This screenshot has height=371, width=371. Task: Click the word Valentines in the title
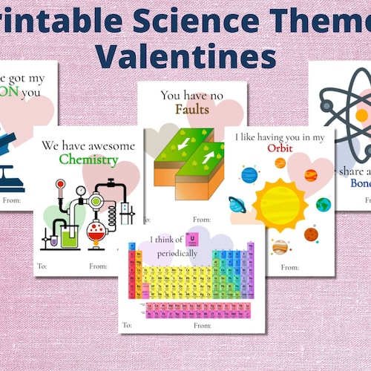[x=185, y=55]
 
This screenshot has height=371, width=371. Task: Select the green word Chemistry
[x=90, y=160]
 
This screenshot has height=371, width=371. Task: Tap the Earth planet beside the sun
[x=323, y=204]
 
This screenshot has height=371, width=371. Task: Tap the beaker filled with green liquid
[x=70, y=236]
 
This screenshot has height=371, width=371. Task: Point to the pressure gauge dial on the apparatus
[x=80, y=191]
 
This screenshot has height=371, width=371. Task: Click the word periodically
[x=177, y=253]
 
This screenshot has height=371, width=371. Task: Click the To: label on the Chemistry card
[x=42, y=266]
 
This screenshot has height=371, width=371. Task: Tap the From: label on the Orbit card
[x=289, y=266]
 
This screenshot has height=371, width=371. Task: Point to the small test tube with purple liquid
[x=53, y=239]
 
